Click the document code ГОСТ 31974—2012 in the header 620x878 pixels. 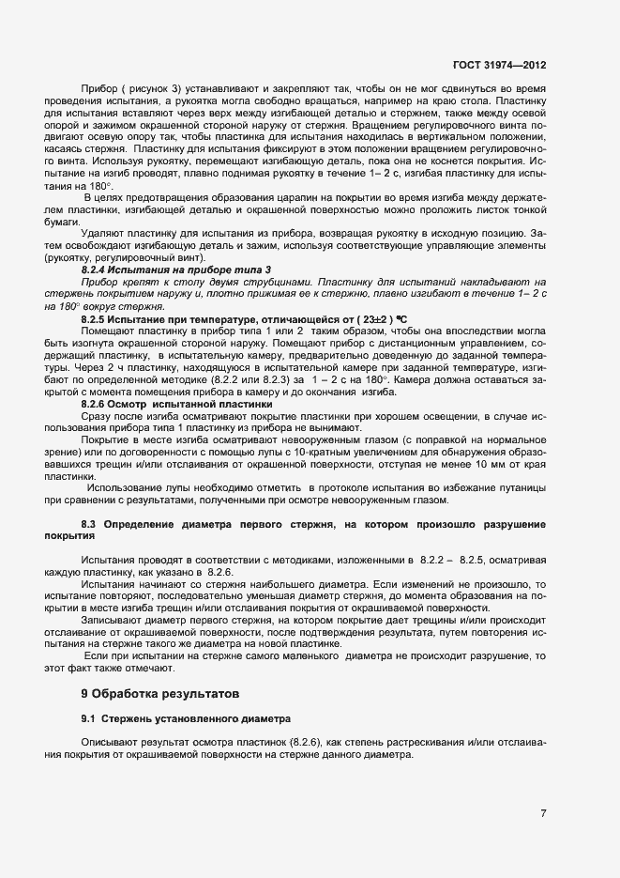click(x=499, y=67)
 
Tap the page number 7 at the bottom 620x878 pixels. click(x=543, y=812)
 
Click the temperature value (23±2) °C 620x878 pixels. click(x=353, y=319)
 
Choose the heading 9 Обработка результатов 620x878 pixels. click(x=161, y=695)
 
